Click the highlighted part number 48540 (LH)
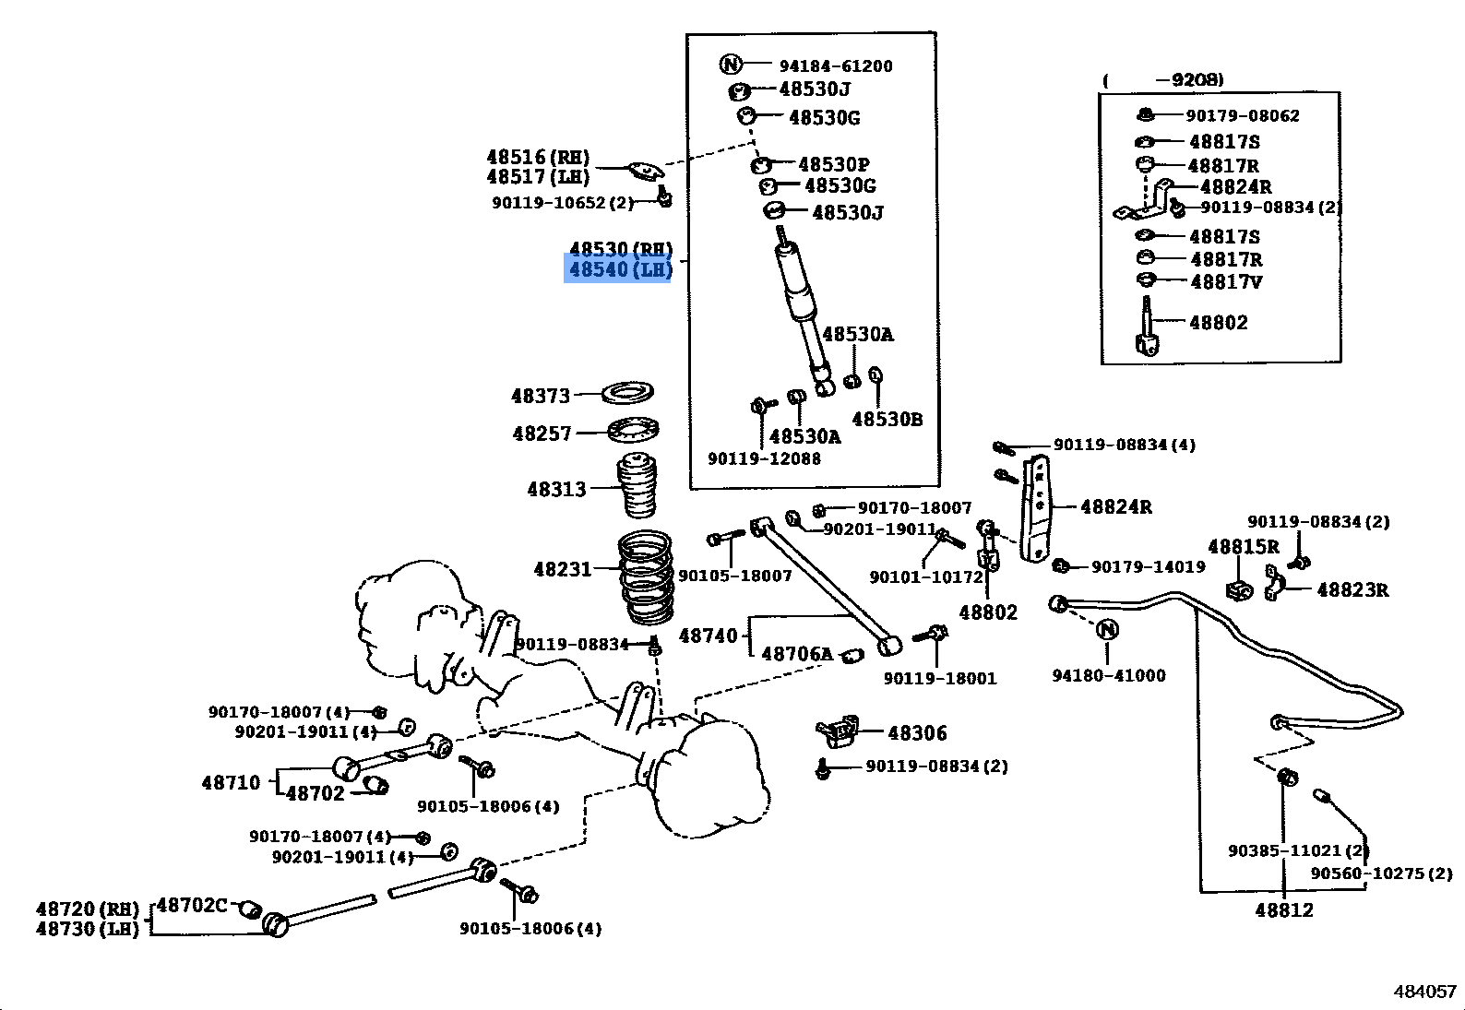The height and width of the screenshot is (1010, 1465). [618, 269]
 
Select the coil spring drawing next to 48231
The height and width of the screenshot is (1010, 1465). [647, 576]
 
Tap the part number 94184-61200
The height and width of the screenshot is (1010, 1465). [836, 66]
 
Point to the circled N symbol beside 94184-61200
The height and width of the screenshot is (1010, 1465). [731, 64]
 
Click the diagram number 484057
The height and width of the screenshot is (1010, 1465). [1424, 992]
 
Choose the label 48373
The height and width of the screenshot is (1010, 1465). [541, 396]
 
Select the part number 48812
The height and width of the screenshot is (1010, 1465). [1283, 910]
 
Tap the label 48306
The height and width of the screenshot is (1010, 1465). [917, 733]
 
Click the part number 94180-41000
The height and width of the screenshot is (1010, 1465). [1109, 675]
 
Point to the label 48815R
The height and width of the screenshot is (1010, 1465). [1244, 547]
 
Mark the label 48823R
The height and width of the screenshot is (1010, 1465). [1352, 589]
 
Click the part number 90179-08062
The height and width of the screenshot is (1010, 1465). [1242, 116]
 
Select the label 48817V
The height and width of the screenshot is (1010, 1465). [1226, 282]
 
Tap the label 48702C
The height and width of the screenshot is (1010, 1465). [192, 905]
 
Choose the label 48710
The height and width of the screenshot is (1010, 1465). [231, 783]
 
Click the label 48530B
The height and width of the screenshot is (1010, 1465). [887, 420]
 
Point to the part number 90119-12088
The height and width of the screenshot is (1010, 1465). [764, 459]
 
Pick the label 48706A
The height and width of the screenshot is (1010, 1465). [797, 654]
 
